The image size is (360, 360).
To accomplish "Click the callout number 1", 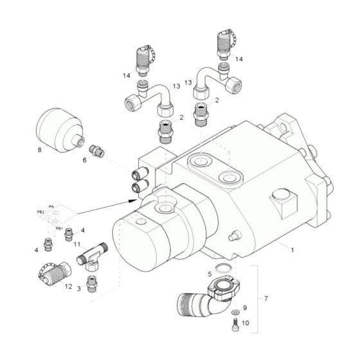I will [x=292, y=248].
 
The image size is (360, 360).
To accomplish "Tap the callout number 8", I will [x=40, y=152].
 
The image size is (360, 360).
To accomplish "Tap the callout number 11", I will [x=76, y=245].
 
